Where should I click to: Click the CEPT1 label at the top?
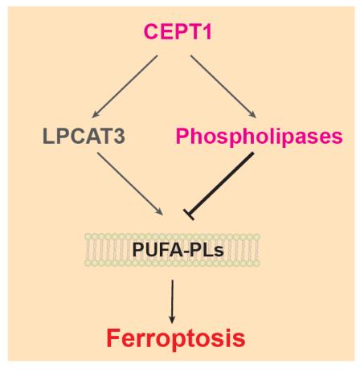point(179,34)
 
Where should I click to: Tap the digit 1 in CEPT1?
point(215,34)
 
